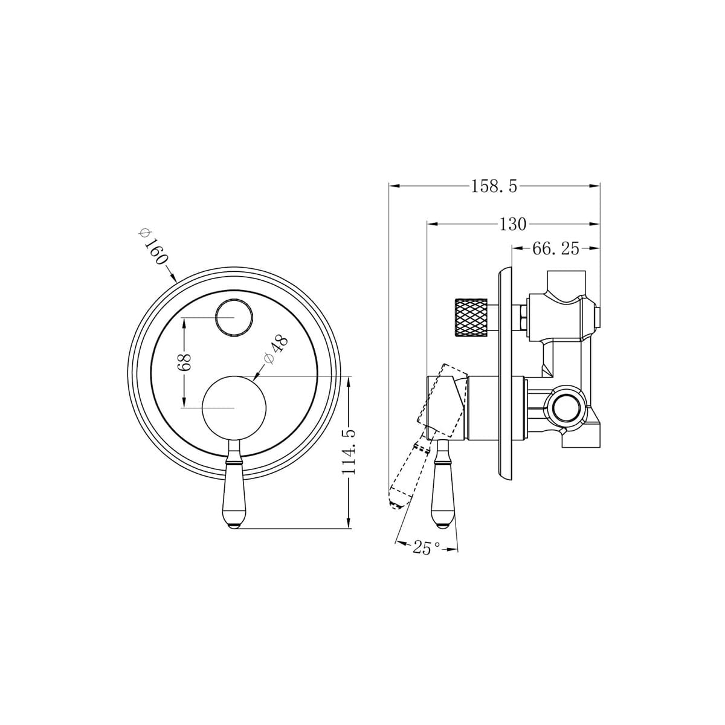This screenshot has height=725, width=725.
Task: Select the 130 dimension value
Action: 512,224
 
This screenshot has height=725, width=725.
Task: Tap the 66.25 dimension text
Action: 555,248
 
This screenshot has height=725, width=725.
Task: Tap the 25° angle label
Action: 426,548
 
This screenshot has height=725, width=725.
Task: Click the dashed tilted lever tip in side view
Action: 396,502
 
